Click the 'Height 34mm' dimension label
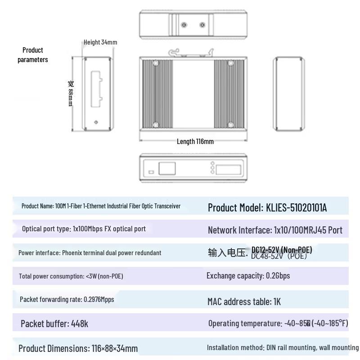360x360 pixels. point(100,42)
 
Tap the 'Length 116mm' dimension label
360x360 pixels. point(195,141)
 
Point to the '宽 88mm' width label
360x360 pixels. point(71,94)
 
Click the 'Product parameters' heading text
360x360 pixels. point(33,54)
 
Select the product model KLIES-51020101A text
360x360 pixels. point(267,207)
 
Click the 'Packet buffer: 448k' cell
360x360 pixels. point(54,324)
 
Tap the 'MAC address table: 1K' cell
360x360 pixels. point(244,301)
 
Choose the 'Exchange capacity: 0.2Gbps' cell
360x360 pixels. point(248,275)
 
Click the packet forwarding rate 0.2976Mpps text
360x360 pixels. point(67,299)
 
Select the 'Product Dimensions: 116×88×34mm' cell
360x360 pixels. point(78,348)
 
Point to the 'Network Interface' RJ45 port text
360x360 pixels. point(275,230)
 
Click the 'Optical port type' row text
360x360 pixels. point(84,229)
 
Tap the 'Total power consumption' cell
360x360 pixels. point(71,276)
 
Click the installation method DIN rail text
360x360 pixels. point(283,347)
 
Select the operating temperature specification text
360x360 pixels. point(278,323)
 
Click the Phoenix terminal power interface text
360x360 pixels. point(90,252)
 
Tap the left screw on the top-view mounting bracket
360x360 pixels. point(183,25)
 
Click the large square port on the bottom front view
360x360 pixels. point(167,168)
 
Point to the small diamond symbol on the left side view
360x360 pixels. point(96,122)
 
